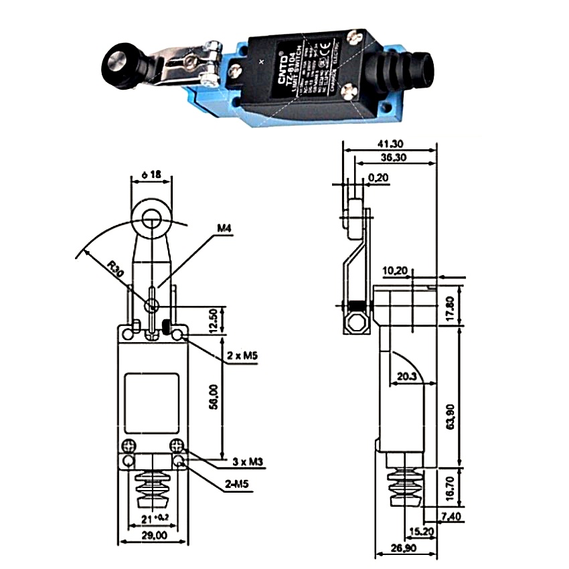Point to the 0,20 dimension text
click(378, 177)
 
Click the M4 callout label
click(224, 229)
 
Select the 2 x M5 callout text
click(243, 355)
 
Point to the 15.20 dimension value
click(420, 532)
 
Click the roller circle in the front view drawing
click(152, 216)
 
